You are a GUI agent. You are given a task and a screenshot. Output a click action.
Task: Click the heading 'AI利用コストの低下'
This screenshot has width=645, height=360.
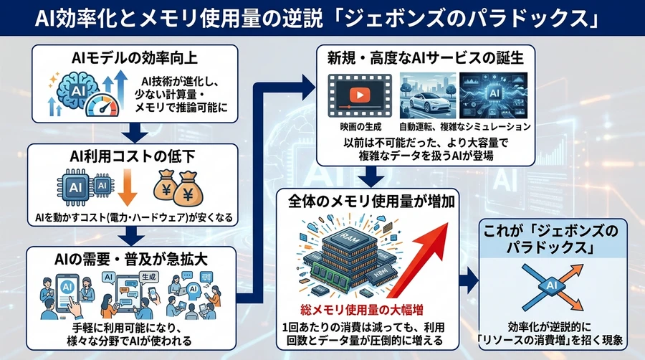(x=134, y=157)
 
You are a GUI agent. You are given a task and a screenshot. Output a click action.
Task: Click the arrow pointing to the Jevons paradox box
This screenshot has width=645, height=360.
(x=469, y=280)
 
